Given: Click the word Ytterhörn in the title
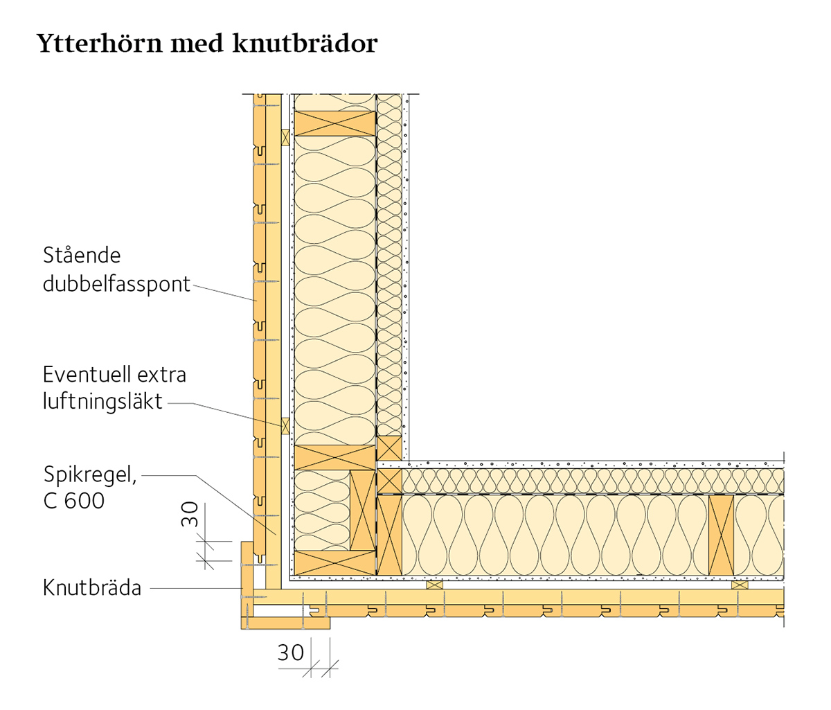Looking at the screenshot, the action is pyautogui.click(x=99, y=43).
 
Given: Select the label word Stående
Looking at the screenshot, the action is pyautogui.click(x=82, y=256).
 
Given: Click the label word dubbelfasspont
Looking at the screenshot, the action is pyautogui.click(x=116, y=284).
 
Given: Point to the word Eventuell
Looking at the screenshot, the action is pyautogui.click(x=82, y=375).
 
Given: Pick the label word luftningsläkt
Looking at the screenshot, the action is pyautogui.click(x=102, y=401).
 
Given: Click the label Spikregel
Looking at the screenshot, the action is pyautogui.click(x=90, y=474).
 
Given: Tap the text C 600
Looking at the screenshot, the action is pyautogui.click(x=74, y=501).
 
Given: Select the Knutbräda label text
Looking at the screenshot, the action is pyautogui.click(x=92, y=588).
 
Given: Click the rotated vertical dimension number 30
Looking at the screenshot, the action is pyautogui.click(x=190, y=514).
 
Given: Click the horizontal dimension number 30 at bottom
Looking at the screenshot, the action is pyautogui.click(x=290, y=653).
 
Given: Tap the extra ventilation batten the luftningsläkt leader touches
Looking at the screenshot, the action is pyautogui.click(x=285, y=426).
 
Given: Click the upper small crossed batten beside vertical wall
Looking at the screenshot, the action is pyautogui.click(x=285, y=137).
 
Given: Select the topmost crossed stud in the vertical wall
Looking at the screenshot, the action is pyautogui.click(x=335, y=123).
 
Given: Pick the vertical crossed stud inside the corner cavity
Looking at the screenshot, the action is pyautogui.click(x=363, y=511).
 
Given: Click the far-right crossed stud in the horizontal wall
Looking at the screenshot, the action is pyautogui.click(x=722, y=535).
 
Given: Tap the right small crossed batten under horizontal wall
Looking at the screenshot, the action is pyautogui.click(x=740, y=585).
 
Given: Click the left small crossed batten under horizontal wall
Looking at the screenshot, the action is pyautogui.click(x=435, y=585).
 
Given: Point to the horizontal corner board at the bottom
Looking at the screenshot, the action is pyautogui.click(x=285, y=623).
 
